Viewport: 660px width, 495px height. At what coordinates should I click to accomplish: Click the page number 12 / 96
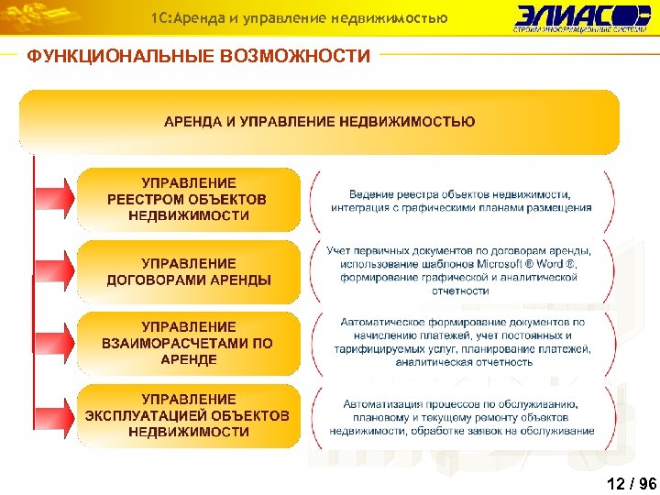(631, 484)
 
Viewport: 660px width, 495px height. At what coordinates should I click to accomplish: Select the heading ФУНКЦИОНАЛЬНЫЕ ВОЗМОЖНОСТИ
(198, 57)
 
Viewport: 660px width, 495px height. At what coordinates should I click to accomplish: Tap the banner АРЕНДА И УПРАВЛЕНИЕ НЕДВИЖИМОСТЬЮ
(319, 121)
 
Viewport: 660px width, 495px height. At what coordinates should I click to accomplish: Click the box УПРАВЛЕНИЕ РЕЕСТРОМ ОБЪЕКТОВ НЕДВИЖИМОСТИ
(188, 199)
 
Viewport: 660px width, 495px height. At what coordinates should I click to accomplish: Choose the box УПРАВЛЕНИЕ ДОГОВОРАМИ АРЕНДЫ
(188, 271)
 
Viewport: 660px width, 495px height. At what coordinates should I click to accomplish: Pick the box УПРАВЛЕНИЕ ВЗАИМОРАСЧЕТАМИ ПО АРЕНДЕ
(188, 343)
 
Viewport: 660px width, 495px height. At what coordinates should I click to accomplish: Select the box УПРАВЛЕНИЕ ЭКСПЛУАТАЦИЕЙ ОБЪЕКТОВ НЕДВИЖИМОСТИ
(188, 415)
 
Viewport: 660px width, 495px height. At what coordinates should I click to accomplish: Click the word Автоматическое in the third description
(379, 323)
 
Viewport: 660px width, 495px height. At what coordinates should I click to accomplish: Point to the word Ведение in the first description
(368, 194)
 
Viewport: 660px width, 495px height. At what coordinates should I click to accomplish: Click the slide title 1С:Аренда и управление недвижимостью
(299, 17)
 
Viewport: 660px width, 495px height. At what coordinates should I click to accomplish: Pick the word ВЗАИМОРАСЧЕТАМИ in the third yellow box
(174, 343)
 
